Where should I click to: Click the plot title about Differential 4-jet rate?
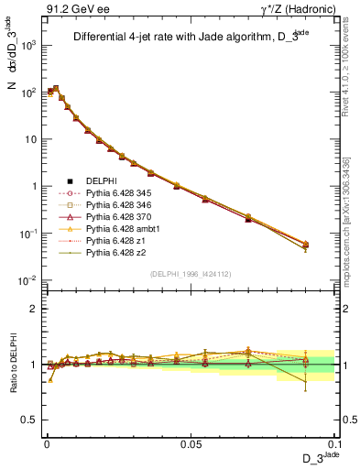(183, 38)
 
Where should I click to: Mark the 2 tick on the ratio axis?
(33, 309)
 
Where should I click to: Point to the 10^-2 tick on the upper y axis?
(27, 280)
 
